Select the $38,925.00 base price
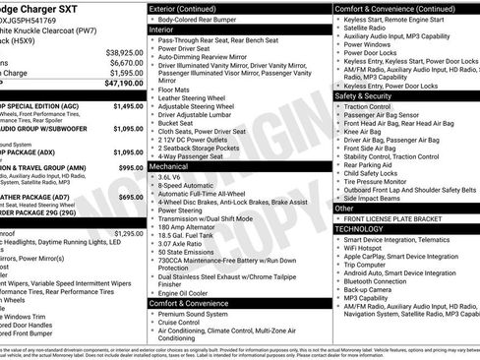124,51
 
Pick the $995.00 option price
131,168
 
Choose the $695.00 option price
131,197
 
